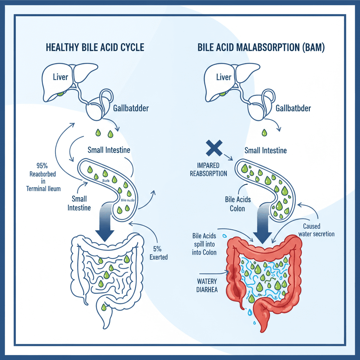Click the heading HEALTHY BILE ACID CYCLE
95,48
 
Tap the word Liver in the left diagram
60,77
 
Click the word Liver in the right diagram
224,77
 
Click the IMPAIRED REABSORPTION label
208,169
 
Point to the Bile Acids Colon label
238,204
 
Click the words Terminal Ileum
43,188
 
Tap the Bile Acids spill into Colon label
205,243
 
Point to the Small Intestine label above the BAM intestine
265,150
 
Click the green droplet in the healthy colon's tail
103,307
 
